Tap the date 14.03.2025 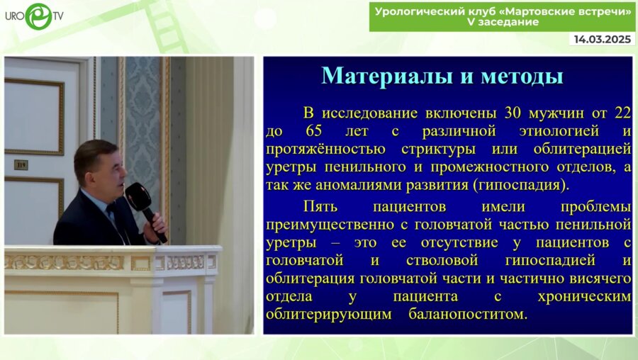pos(603,40)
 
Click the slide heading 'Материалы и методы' pos(442,76)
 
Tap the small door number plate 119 pos(21,164)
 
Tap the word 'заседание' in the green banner pos(509,23)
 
